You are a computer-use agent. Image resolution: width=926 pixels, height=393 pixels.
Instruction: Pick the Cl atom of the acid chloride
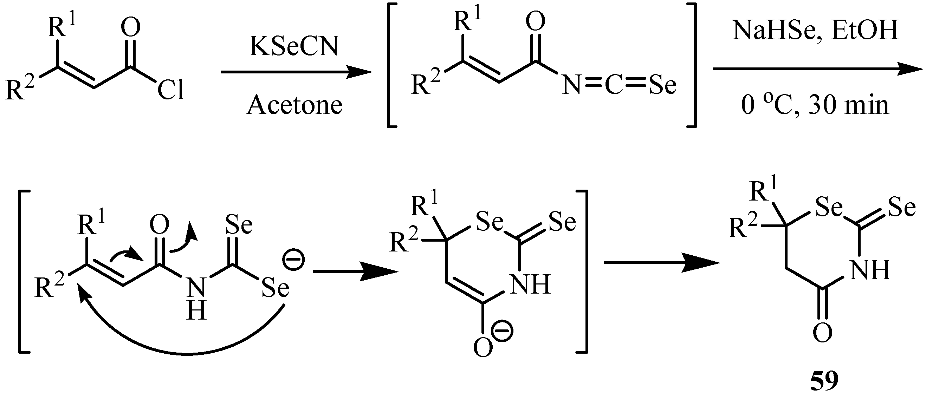[x=171, y=90]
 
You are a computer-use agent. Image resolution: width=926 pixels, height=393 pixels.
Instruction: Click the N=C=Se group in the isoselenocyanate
[x=619, y=86]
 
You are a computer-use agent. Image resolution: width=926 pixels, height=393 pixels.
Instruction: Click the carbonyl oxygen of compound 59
[x=822, y=333]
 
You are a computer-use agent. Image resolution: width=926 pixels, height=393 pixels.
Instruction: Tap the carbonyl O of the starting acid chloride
[x=130, y=28]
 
